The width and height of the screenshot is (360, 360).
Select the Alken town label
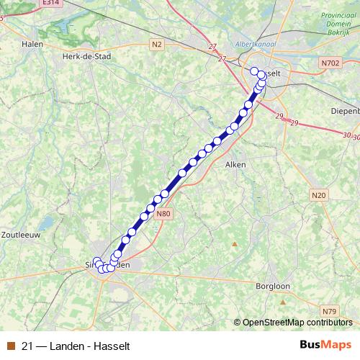(x=236, y=164)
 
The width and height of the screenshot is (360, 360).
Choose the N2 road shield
(x=157, y=45)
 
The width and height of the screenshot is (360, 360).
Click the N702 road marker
(x=330, y=63)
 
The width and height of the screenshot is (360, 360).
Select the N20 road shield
(x=319, y=194)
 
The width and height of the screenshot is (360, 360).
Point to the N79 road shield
(x=329, y=311)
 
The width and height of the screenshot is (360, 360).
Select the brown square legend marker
(x=10, y=345)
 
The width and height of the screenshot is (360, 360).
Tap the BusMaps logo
(x=326, y=344)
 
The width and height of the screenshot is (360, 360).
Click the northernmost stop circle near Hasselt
(x=254, y=71)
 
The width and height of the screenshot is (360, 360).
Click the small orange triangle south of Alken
(x=233, y=243)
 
